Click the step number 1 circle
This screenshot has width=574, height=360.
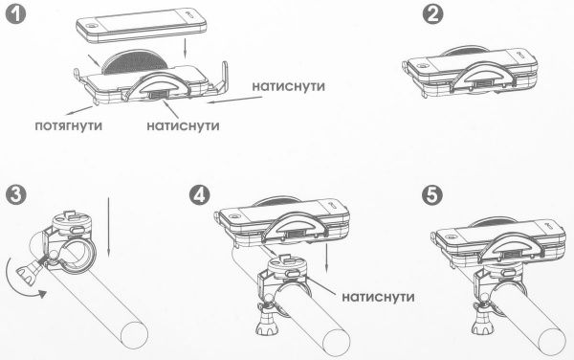coord(16,15)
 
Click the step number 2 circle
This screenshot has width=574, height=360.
coord(432,14)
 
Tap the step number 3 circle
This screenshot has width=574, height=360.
coord(16,194)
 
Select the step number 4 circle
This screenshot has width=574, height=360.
coord(200,194)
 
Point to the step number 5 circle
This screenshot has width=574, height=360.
coord(432,194)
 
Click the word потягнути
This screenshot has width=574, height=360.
coord(69,126)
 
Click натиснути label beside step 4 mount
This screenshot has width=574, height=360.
coord(378,297)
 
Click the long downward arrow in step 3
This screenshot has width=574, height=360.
coord(109,227)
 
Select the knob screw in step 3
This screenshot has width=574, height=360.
coord(25,273)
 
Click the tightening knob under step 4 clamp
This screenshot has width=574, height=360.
coord(266,324)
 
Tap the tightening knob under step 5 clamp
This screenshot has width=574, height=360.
coord(481,324)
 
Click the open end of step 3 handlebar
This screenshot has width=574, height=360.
coord(134,335)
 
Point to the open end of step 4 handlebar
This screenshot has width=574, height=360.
coord(336,343)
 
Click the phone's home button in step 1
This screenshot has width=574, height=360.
coord(91,26)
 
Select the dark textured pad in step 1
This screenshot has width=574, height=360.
coord(135,61)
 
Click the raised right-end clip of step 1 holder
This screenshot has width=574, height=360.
coord(223,75)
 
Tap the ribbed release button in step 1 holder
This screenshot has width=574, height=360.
coord(159,95)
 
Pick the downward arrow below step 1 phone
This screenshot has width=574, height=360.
coord(185,48)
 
